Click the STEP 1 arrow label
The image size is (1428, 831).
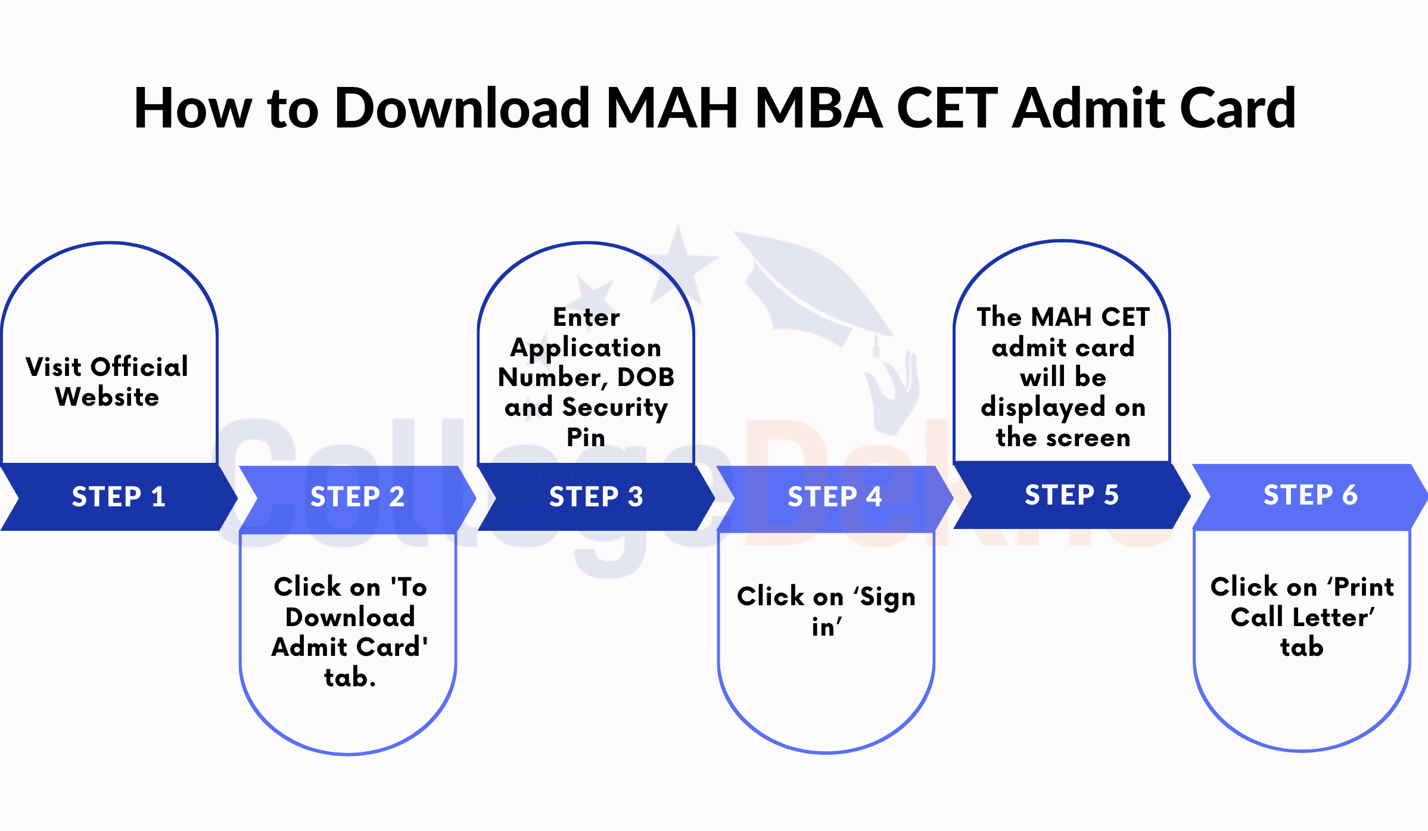[x=119, y=497]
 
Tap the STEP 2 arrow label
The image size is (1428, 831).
[x=357, y=497]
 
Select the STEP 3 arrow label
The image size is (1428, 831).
[x=596, y=497]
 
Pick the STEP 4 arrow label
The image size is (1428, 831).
[x=835, y=497]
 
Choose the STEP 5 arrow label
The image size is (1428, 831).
[x=1072, y=495]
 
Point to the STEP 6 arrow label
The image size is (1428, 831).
[x=1311, y=495]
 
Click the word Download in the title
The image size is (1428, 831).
[x=462, y=108]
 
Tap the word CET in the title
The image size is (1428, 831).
[x=947, y=108]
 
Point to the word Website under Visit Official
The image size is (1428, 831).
[x=107, y=397]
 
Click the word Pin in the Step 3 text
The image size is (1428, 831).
[x=586, y=438]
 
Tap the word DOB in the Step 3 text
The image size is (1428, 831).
[x=646, y=377]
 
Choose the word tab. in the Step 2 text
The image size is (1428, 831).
[x=350, y=678]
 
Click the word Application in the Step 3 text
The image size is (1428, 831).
[x=586, y=348]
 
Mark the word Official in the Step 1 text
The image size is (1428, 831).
[x=139, y=367]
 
